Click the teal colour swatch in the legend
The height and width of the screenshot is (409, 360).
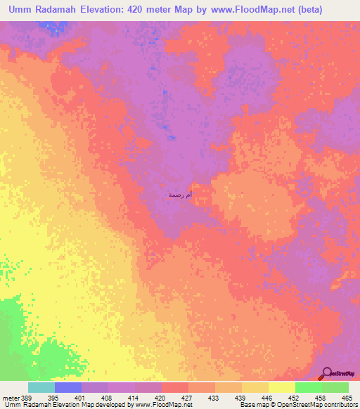41,387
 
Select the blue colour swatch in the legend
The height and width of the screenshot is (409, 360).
68,387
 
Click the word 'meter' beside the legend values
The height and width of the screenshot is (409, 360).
11,398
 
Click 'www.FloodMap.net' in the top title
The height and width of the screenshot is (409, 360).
240,11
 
